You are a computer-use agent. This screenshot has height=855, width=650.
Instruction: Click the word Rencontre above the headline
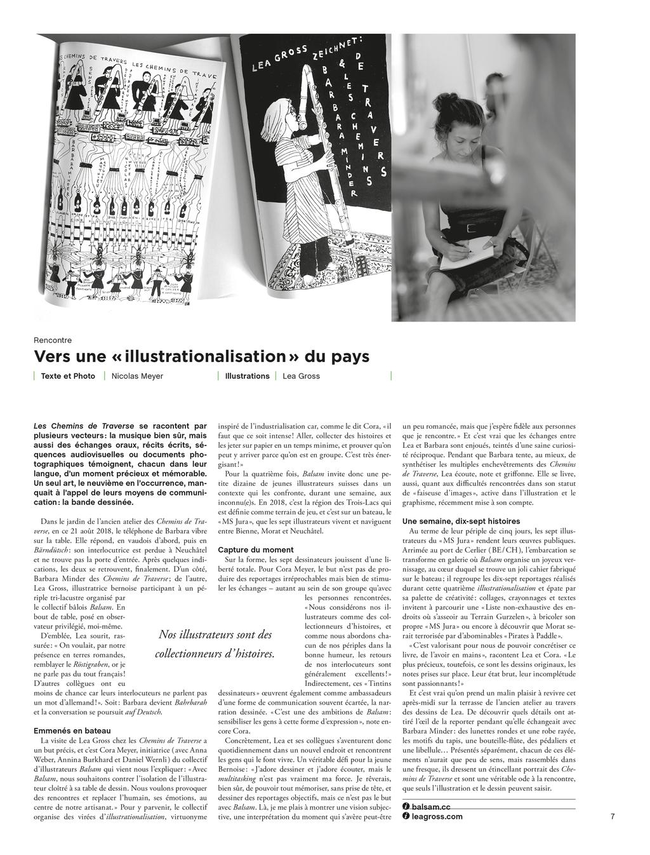(x=53, y=340)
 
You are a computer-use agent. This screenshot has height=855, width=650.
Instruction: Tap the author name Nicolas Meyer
(x=137, y=376)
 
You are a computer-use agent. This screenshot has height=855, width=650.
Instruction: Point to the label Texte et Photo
(x=68, y=376)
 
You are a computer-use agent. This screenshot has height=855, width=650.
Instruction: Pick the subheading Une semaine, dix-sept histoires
(x=461, y=521)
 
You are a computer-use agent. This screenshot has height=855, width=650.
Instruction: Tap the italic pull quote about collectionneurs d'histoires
(x=215, y=643)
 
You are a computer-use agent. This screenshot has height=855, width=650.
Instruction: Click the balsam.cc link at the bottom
(x=431, y=806)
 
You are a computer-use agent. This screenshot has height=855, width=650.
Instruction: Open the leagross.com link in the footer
(x=437, y=816)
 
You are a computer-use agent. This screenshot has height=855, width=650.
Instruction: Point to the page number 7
(x=613, y=816)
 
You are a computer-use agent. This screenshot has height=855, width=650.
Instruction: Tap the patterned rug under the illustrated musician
(x=317, y=264)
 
